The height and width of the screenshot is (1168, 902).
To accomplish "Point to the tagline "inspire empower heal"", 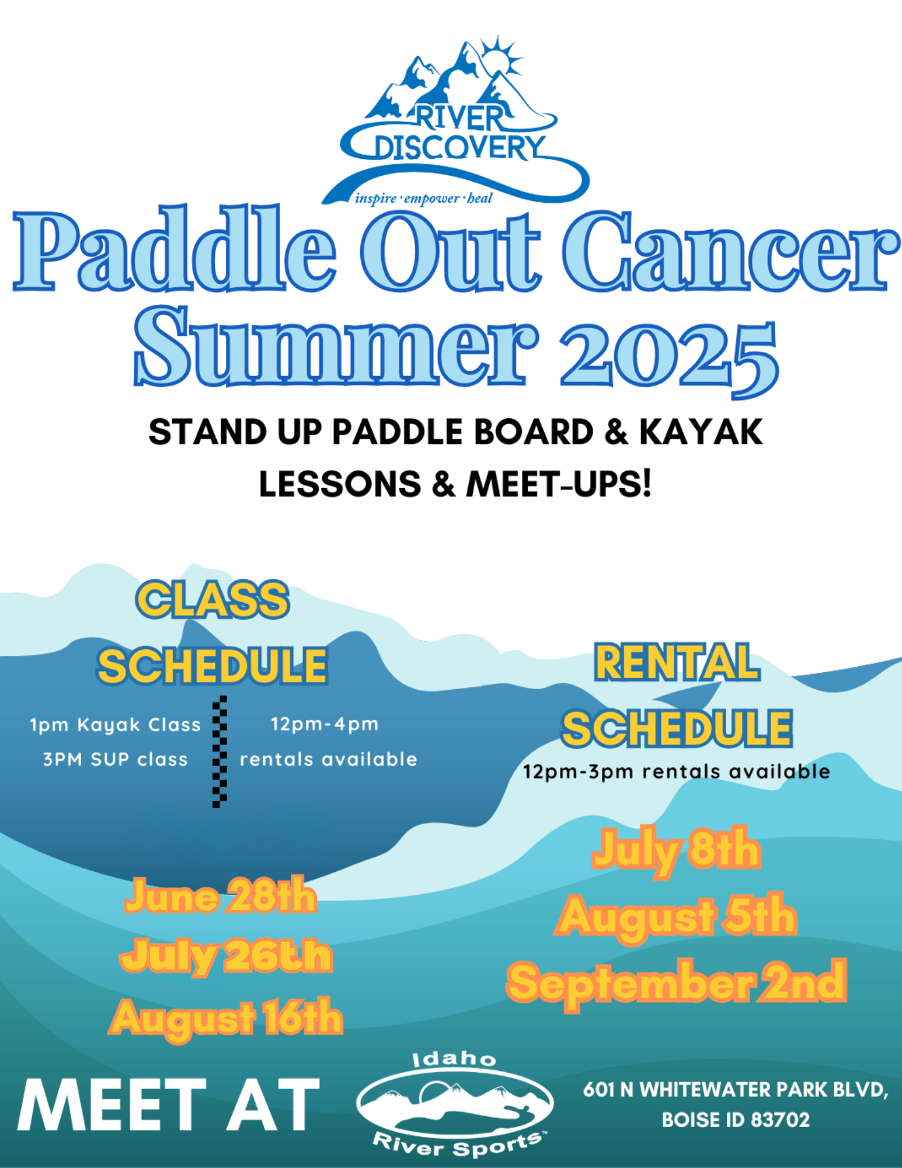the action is [x=424, y=199].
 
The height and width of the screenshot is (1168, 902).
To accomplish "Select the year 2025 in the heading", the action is [x=669, y=357].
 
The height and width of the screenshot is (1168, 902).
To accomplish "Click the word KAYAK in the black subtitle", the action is [x=701, y=432].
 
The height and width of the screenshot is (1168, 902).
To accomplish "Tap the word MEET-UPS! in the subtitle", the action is [x=558, y=484].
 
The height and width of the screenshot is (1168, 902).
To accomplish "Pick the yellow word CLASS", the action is [x=213, y=600].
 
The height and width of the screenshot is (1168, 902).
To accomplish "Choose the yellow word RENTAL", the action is [x=677, y=662].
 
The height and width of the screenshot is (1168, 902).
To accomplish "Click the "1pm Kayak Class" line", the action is [x=115, y=725].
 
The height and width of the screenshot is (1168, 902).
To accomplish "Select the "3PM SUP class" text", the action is [x=116, y=759].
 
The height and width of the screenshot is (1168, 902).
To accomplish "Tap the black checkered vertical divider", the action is [x=220, y=752].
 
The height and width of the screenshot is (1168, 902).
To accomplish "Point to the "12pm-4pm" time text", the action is [x=325, y=724].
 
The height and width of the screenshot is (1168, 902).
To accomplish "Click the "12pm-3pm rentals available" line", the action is [x=677, y=771].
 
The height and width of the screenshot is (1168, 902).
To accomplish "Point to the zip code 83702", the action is [x=781, y=1120].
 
